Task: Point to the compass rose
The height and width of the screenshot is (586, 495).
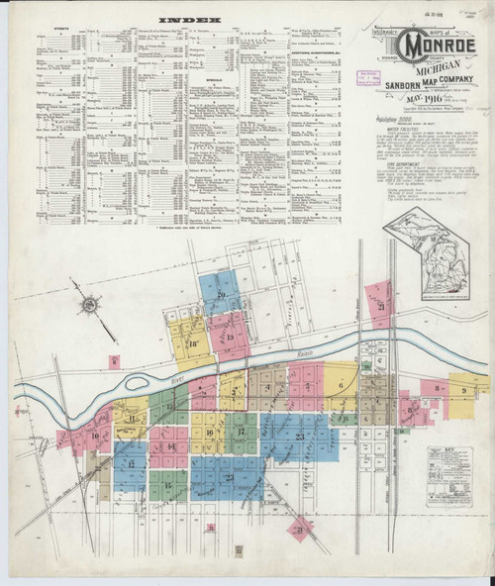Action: pyautogui.click(x=90, y=305)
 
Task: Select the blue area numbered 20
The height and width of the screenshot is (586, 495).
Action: pyautogui.click(x=220, y=293)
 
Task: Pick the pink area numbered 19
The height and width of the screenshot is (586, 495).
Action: pyautogui.click(x=229, y=336)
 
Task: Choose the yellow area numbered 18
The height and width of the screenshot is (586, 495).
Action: pyautogui.click(x=191, y=342)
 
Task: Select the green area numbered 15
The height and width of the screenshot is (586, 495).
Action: pyautogui.click(x=167, y=485)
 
